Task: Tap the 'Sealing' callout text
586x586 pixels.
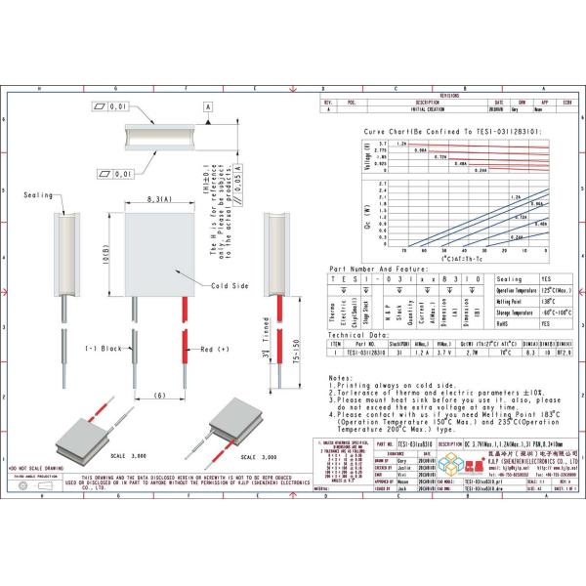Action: click(38, 195)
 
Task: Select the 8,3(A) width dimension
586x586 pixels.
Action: click(162, 198)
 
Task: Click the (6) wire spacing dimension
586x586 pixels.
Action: click(160, 396)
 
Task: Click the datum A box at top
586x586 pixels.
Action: click(207, 105)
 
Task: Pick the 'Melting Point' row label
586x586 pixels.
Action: click(515, 302)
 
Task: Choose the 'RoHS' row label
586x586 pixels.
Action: click(505, 323)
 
